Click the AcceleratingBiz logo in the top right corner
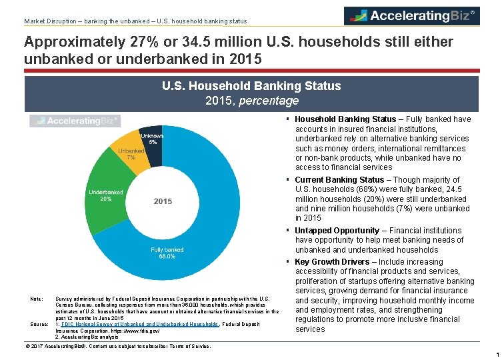point(411,15)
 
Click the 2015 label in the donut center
point(163,201)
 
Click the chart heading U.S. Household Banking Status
point(251,86)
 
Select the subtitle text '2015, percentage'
point(251,101)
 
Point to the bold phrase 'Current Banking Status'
point(339,180)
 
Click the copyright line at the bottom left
point(117,347)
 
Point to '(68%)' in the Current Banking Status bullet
point(367,189)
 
